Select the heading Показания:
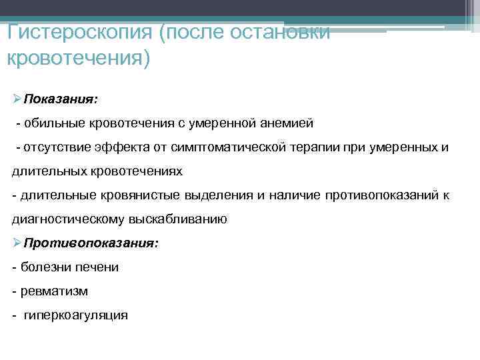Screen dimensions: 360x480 point(61,99)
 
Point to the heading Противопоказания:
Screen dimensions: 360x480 point(91,243)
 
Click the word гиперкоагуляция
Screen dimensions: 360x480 point(76,315)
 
